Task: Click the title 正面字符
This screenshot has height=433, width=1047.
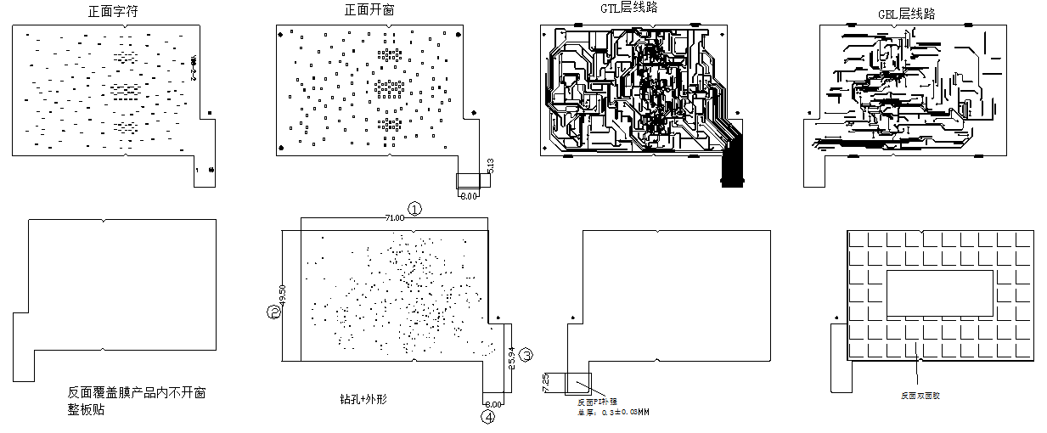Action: click(x=115, y=11)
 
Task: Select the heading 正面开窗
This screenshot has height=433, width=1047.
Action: click(x=369, y=10)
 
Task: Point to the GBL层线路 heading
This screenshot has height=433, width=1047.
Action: click(x=906, y=14)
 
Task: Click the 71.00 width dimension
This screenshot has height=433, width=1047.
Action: click(x=394, y=218)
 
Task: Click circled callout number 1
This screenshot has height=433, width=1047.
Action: click(x=414, y=207)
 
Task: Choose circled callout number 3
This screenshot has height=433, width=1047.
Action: click(x=526, y=354)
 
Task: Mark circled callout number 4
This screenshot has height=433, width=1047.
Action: click(x=487, y=416)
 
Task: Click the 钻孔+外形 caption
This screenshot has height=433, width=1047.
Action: click(x=363, y=399)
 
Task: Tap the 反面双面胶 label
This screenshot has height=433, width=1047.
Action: click(x=920, y=396)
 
